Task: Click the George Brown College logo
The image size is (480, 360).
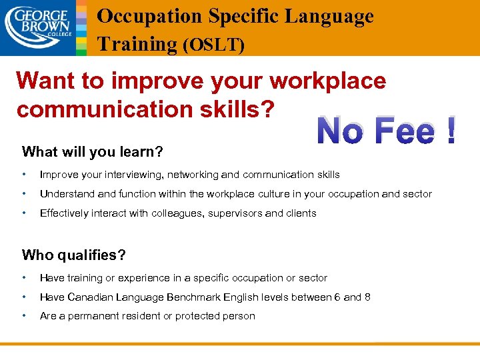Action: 37,27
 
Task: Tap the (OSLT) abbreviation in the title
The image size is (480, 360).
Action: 213,45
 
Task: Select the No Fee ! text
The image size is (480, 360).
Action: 387,130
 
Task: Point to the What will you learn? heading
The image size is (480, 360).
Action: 93,151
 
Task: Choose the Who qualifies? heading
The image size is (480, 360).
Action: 74,254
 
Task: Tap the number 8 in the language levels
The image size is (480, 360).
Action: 367,297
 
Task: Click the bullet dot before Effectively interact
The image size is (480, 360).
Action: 24,213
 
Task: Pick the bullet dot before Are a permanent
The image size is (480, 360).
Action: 24,316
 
